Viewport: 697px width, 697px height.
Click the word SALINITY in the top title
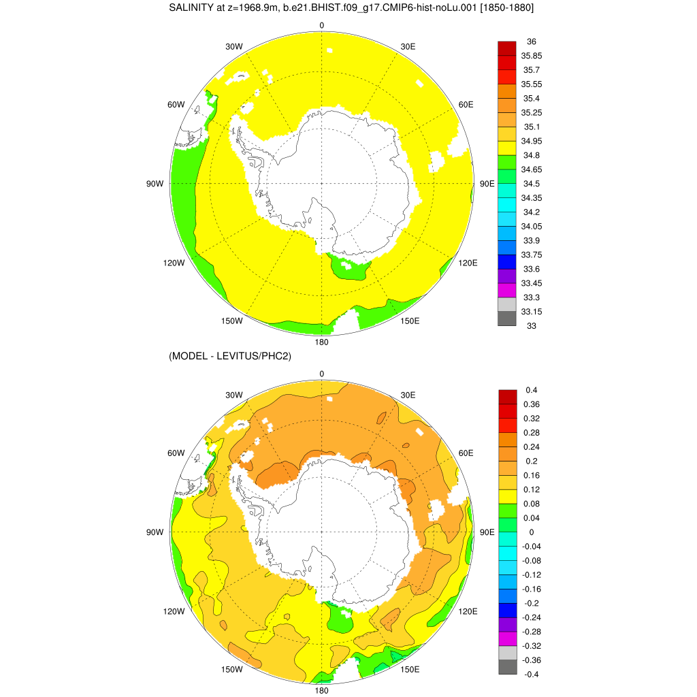tap(192, 7)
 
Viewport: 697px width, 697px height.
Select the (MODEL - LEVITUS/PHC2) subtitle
tap(230, 356)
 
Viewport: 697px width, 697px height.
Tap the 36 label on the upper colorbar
tap(532, 42)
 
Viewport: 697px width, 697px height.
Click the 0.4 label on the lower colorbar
tap(532, 390)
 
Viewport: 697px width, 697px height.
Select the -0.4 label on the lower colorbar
tap(530, 674)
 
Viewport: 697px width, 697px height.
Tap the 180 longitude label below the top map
tap(322, 342)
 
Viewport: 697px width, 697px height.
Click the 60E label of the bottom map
tap(466, 453)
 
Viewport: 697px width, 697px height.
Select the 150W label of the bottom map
tap(232, 669)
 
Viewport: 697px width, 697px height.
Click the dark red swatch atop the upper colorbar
tap(507, 48)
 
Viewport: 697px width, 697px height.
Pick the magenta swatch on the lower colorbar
tap(507, 638)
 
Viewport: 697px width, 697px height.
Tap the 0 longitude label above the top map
tap(322, 26)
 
